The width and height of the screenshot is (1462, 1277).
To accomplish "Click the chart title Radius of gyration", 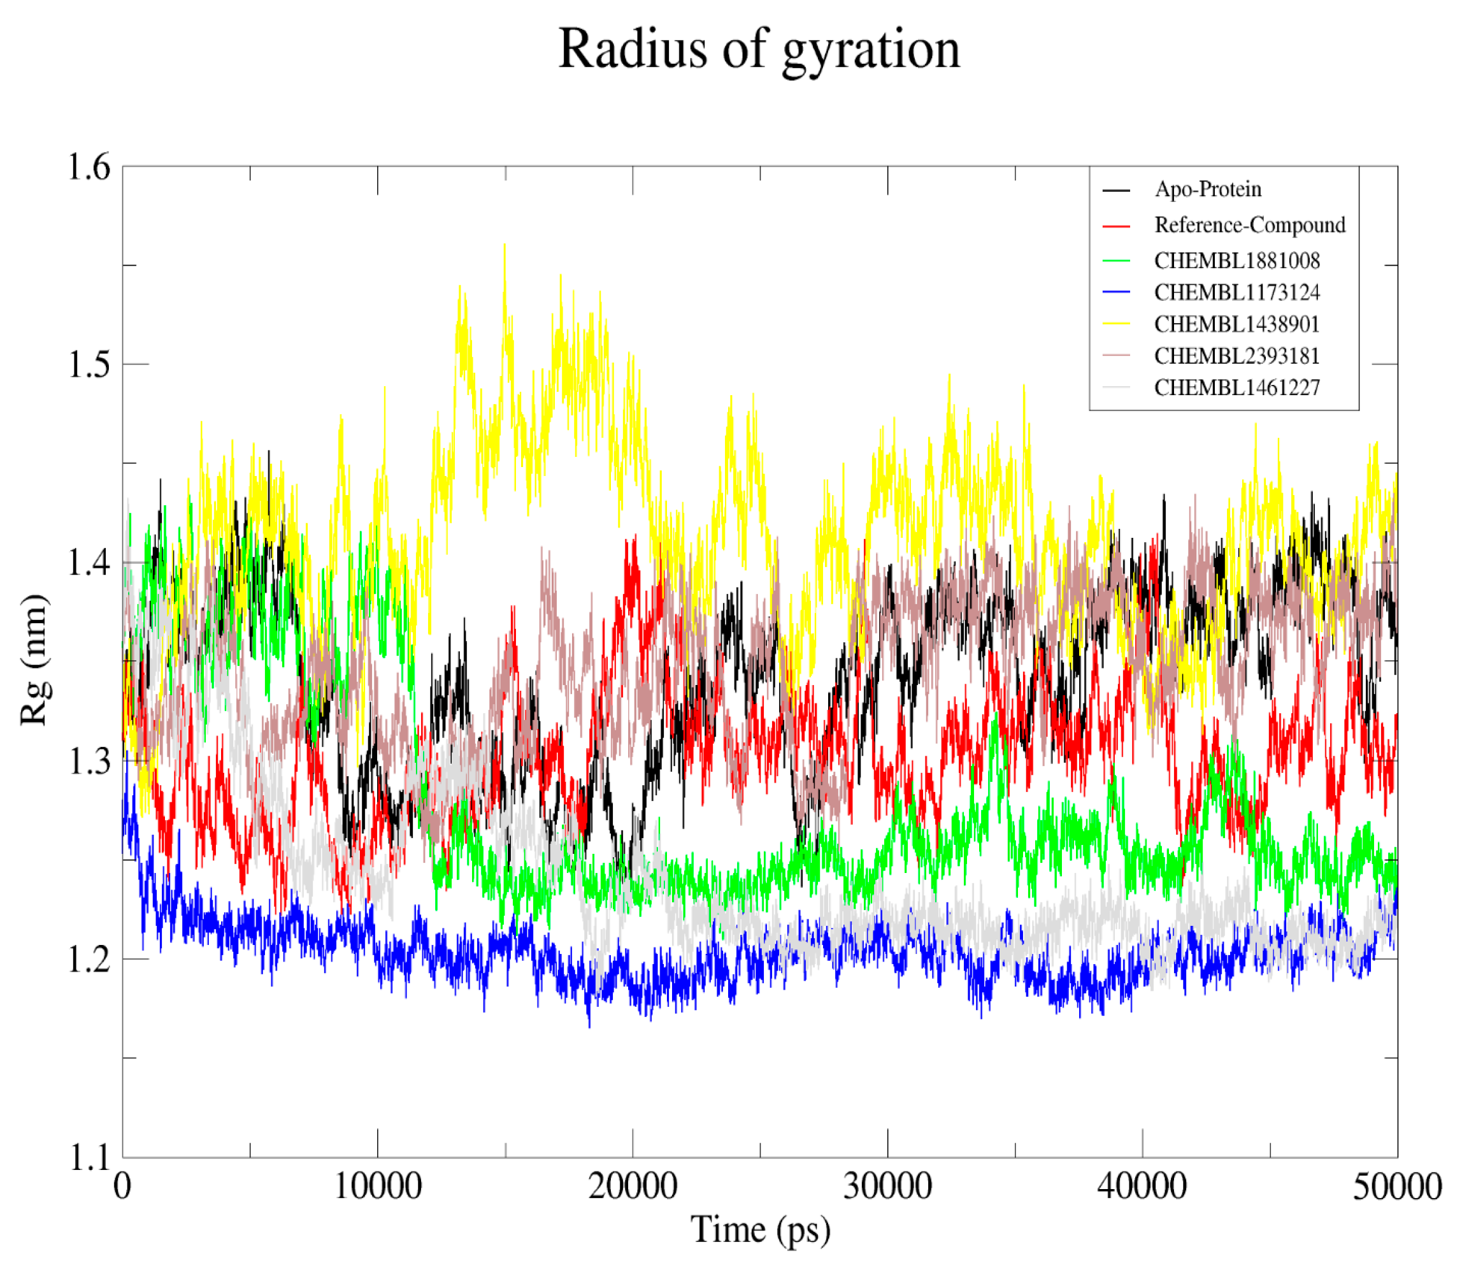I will coord(759,50).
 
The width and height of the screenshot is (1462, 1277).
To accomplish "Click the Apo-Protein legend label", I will coord(1208,189).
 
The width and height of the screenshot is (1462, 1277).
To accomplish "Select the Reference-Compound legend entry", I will coord(1249,225).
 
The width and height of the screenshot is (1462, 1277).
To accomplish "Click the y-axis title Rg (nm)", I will coord(34,659).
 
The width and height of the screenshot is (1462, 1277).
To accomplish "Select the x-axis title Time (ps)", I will coord(760,1229).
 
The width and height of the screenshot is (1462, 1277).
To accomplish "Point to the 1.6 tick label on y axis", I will coord(89,168).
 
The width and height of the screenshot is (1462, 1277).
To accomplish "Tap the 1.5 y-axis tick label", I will coord(89,365).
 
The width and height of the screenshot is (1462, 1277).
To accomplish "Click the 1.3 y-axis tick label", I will coord(89,761).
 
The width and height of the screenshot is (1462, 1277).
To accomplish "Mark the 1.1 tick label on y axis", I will coord(89,1157).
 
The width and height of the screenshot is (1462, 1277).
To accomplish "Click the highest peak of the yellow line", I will coord(505,245).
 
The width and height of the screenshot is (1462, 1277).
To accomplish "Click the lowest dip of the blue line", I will coord(589,1026).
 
